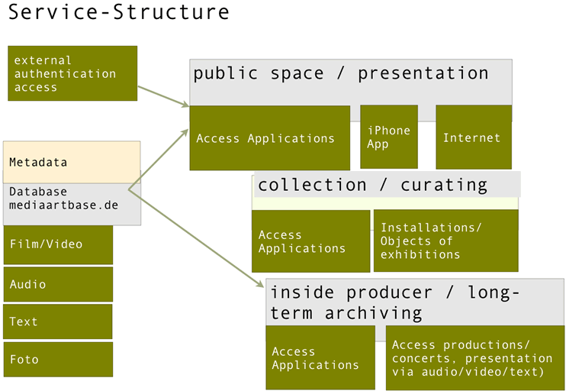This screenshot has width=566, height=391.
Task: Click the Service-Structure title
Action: [119, 12]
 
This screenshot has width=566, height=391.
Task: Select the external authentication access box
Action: [72, 73]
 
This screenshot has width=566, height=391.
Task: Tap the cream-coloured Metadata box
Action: [72, 162]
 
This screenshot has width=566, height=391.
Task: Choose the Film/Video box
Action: [58, 244]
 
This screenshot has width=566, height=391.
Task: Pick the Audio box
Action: [58, 284]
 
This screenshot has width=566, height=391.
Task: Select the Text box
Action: [58, 322]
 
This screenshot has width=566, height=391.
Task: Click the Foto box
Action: [58, 359]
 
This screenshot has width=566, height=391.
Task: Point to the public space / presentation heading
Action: [340, 74]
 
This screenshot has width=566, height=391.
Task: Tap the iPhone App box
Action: [388, 137]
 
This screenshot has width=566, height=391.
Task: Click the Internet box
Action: [473, 137]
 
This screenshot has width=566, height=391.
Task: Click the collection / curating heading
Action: [372, 185]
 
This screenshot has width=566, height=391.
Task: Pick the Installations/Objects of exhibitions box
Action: [445, 241]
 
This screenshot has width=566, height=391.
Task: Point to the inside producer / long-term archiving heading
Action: [394, 302]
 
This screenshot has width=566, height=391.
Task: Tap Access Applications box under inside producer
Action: [320, 357]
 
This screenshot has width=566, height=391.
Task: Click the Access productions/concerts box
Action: [474, 358]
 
